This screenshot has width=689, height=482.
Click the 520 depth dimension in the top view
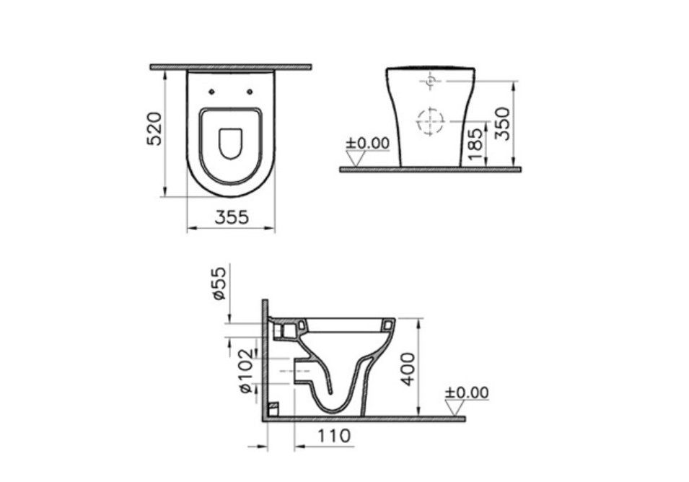[x=154, y=129]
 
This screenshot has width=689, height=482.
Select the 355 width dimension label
[x=232, y=216]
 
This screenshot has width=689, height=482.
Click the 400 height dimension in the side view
[x=408, y=369]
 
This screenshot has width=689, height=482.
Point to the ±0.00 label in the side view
[x=466, y=393]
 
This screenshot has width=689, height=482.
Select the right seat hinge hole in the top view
[x=250, y=92]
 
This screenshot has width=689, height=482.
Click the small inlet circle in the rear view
[x=430, y=82]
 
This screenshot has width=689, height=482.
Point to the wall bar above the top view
[x=230, y=67]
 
